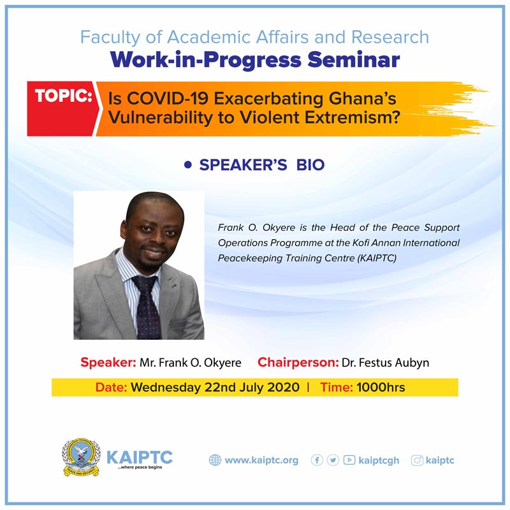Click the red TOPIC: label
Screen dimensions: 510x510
click(x=63, y=96)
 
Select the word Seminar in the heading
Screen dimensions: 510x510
click(x=354, y=60)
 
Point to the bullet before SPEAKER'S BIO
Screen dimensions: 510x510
click(x=187, y=164)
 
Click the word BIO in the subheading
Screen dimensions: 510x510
click(x=310, y=165)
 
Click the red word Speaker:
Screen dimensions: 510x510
click(x=108, y=362)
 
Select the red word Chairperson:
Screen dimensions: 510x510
click(x=298, y=362)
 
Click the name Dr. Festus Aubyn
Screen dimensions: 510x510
click(x=386, y=362)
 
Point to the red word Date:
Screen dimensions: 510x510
click(x=111, y=387)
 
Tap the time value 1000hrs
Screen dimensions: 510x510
click(x=381, y=387)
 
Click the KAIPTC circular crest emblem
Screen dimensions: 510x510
click(x=82, y=457)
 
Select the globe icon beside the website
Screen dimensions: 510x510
click(x=215, y=460)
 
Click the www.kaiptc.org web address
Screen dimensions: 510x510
click(x=261, y=460)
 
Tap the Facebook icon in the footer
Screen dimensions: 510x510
click(x=317, y=460)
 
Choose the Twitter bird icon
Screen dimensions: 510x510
click(x=333, y=460)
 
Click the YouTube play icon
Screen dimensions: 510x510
click(x=349, y=460)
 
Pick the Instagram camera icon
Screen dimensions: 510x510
click(x=417, y=460)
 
